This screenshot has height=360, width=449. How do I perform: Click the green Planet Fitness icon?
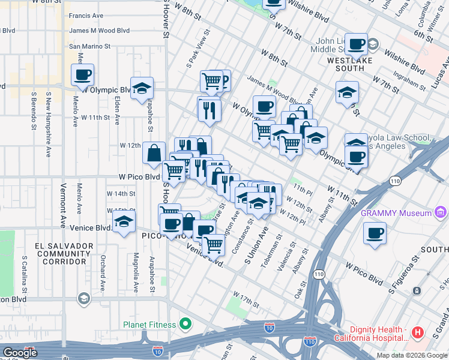click(185, 325)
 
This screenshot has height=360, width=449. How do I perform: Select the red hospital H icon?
click(418, 332)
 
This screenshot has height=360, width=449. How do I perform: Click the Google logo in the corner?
click(20, 353)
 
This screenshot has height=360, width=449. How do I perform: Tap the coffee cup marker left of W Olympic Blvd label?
click(83, 75)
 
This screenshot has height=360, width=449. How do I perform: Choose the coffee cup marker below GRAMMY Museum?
click(376, 233)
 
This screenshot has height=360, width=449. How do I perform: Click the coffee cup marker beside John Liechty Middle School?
click(357, 44)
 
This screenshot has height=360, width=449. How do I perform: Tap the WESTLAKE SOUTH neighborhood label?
click(350, 65)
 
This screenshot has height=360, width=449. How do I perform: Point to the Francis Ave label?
click(86, 16)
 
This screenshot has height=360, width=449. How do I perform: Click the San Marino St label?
click(90, 46)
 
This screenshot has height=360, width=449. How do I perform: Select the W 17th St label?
click(246, 300)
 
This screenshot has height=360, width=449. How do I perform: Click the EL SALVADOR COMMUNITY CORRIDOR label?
click(64, 254)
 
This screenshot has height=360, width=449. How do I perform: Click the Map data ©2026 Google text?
click(411, 355)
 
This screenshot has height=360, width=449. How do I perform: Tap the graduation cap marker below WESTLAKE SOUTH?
click(347, 93)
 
